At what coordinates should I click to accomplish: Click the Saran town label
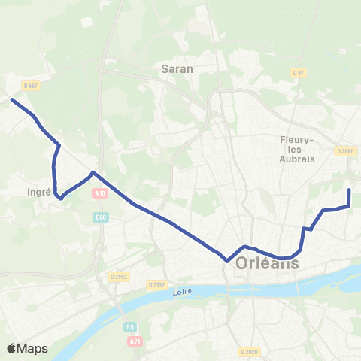[x=177, y=68]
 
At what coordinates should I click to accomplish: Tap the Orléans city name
[x=268, y=264]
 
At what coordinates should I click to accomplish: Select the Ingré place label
[x=38, y=192]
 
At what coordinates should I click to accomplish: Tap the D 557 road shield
[x=30, y=86]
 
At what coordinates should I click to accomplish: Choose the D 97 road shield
[x=298, y=72]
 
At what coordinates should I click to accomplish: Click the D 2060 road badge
[x=345, y=151]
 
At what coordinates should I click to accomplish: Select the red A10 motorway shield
[x=101, y=193]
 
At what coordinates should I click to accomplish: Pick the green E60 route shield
[x=102, y=217]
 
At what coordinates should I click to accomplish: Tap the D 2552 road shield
[x=118, y=276]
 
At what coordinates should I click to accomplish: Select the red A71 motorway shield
[x=134, y=342]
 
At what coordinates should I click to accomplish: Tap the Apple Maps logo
[x=27, y=348]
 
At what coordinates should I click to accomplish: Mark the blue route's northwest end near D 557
[x=12, y=99]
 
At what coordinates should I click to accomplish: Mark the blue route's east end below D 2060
[x=349, y=191]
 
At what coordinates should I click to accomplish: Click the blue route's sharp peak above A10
[x=93, y=173]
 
